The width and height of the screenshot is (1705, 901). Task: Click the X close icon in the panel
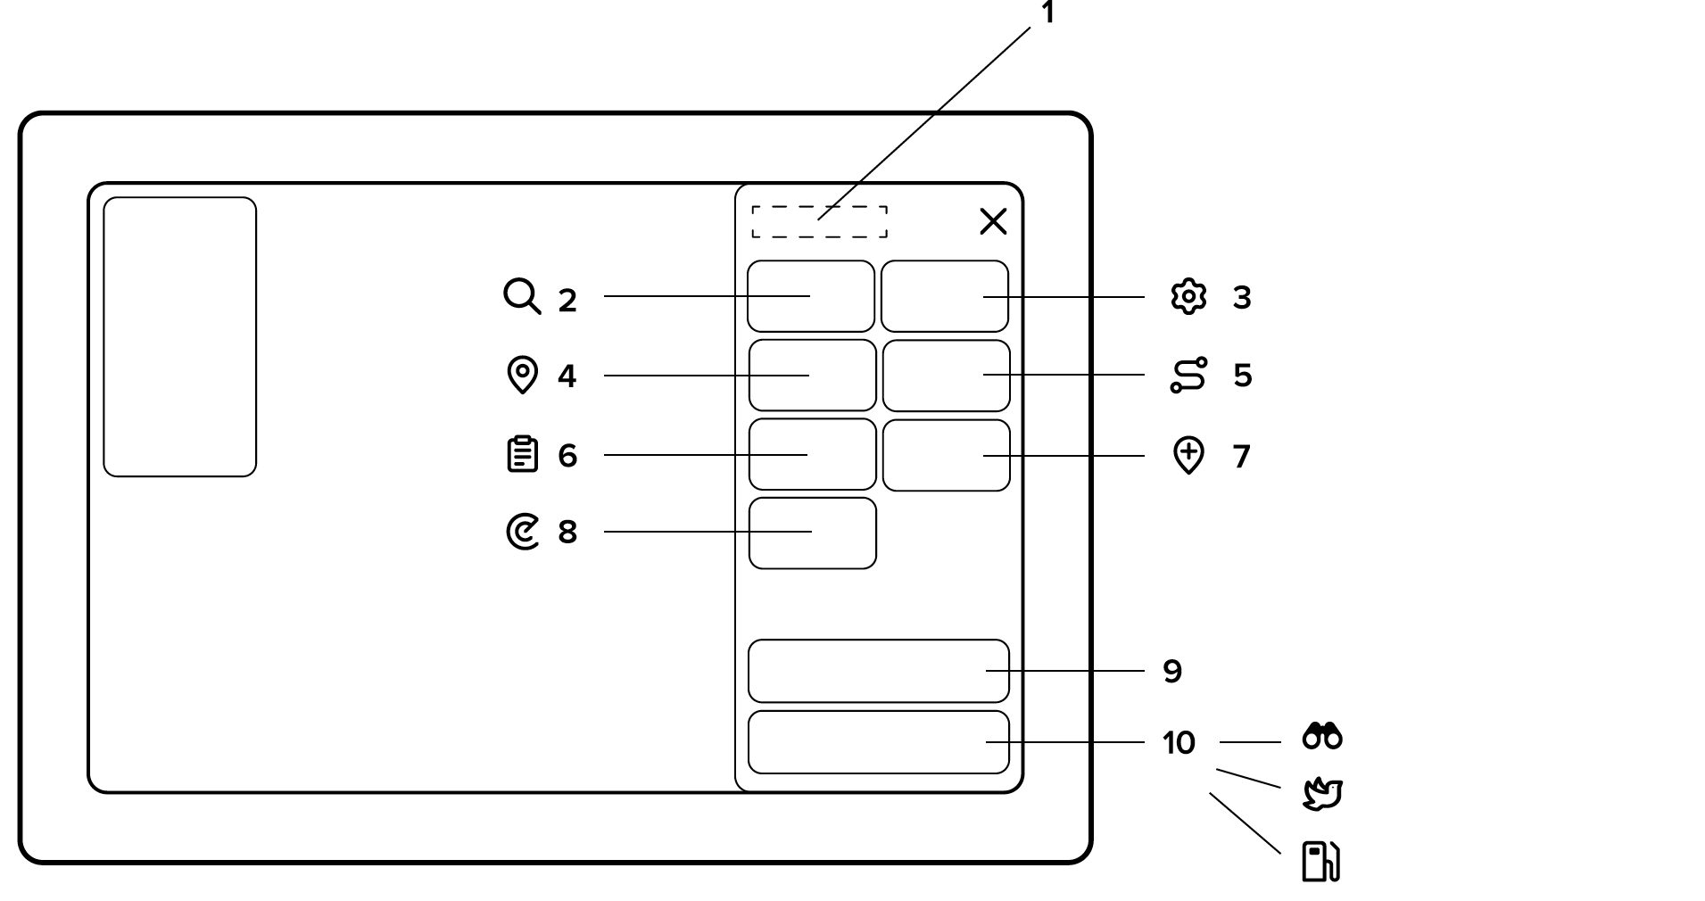993,221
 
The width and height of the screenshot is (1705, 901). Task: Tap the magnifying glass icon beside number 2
522,296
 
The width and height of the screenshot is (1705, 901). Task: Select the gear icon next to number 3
1188,297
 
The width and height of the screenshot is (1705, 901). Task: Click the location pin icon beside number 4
522,375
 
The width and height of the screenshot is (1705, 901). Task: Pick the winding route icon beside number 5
1188,375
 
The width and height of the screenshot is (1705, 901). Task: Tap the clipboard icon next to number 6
522,454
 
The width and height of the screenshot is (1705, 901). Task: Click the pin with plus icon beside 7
1188,455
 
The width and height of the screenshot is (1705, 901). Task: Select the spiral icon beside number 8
523,532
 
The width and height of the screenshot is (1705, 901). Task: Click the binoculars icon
1322,736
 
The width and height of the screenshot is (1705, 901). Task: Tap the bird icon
1322,794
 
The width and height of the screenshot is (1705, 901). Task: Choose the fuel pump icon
1320,861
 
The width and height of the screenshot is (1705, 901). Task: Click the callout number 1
1048,13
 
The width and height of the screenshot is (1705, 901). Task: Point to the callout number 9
1172,671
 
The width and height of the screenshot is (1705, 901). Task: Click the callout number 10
1179,742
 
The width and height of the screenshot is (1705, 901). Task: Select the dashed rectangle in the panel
819,222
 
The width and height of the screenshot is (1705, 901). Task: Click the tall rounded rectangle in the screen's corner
179,337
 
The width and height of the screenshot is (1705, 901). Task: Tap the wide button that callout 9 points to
878,671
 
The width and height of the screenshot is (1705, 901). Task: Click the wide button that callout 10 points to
878,742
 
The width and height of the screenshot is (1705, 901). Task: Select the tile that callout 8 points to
812,533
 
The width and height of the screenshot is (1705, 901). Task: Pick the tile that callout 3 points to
944,296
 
